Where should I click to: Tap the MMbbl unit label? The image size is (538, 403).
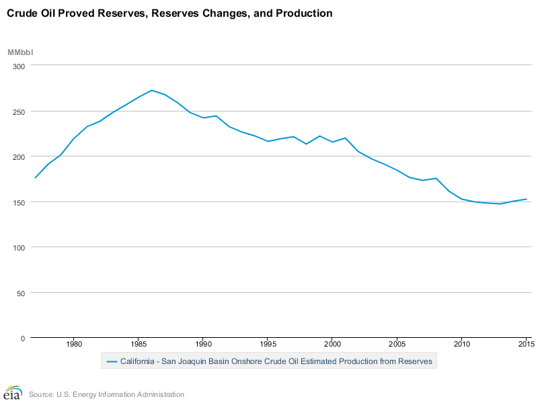(20, 52)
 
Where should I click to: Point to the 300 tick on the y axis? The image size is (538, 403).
(18, 66)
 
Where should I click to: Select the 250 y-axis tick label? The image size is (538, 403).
(18, 111)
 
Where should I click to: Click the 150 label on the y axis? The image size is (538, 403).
(18, 202)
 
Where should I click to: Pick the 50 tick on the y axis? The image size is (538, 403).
(20, 293)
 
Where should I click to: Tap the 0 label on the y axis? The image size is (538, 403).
(22, 339)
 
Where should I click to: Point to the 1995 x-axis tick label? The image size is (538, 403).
(268, 345)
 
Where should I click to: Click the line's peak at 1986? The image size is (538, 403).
(151, 90)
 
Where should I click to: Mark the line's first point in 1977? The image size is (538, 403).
(35, 178)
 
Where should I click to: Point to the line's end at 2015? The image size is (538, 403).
(526, 199)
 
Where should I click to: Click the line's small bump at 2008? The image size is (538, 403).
(436, 178)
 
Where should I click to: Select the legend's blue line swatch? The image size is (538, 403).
(112, 362)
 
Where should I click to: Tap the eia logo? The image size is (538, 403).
(13, 394)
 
